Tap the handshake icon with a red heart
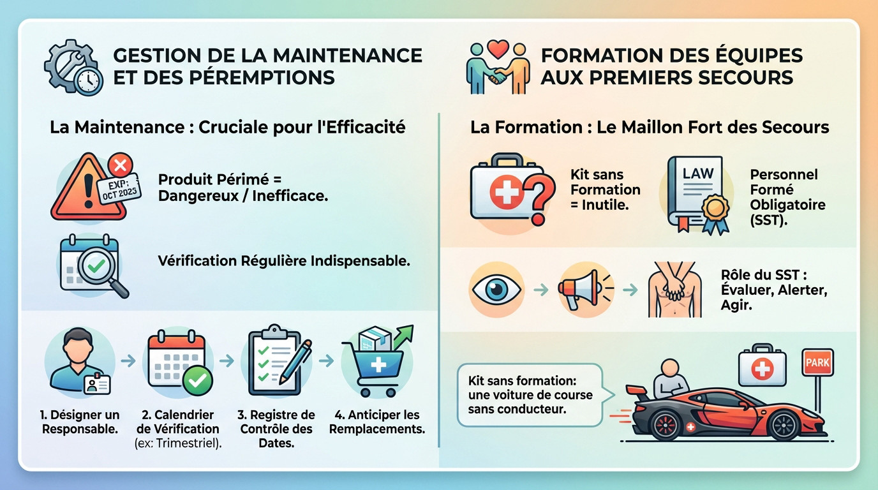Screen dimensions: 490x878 497,68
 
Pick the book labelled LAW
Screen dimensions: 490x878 696,190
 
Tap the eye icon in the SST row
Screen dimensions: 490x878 496,290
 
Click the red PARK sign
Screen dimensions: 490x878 817,362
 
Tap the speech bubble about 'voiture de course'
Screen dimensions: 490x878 530,395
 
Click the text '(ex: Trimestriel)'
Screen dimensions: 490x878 179,444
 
